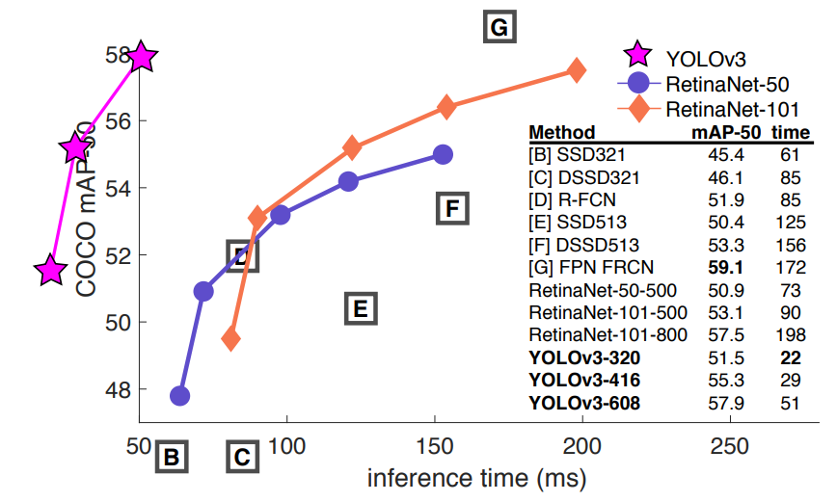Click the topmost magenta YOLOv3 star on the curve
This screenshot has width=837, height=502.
click(x=142, y=57)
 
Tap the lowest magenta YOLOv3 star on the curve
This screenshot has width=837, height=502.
click(x=50, y=271)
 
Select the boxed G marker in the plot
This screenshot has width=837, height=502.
click(x=499, y=28)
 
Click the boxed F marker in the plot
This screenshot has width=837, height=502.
click(x=452, y=207)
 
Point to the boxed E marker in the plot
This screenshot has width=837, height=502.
click(x=358, y=308)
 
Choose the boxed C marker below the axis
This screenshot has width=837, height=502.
click(x=243, y=457)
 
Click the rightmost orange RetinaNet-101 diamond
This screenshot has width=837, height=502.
click(x=577, y=69)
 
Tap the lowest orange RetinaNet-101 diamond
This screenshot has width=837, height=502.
click(x=230, y=338)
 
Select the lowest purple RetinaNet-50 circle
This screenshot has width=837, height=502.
click(x=179, y=395)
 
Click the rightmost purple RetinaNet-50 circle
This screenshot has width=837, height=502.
click(x=443, y=154)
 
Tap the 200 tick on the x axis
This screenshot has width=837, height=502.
click(x=581, y=445)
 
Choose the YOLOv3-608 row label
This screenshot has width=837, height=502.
click(x=583, y=403)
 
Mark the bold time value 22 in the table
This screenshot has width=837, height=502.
click(x=790, y=358)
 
